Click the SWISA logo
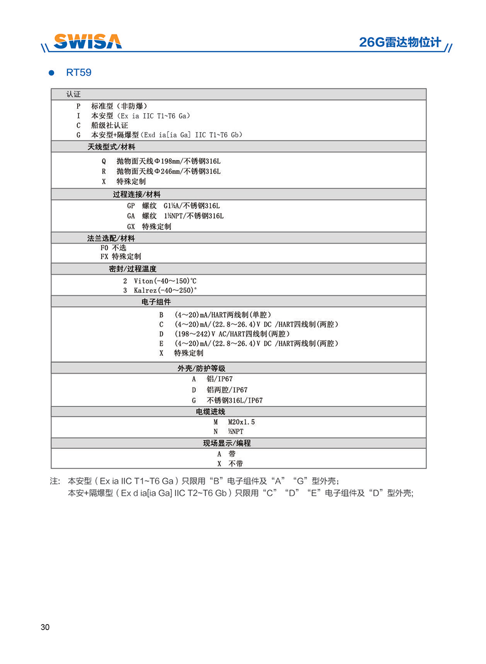(x=87, y=41)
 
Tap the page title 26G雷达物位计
(x=400, y=42)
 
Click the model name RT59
(x=79, y=73)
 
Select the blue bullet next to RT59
(x=51, y=73)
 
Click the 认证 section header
(x=73, y=94)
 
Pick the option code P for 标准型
(x=78, y=106)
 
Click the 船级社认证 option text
(x=109, y=125)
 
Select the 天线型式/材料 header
(x=111, y=147)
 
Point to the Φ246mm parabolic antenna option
(x=168, y=172)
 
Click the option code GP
(x=131, y=206)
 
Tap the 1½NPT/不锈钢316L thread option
(x=193, y=216)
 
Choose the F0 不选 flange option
(x=113, y=248)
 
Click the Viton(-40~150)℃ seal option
(x=165, y=281)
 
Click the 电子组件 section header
(x=156, y=302)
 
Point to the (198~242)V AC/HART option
(x=232, y=334)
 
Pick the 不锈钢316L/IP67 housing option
(x=234, y=400)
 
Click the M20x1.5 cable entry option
(x=241, y=422)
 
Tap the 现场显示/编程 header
(x=227, y=443)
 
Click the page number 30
(x=45, y=628)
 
